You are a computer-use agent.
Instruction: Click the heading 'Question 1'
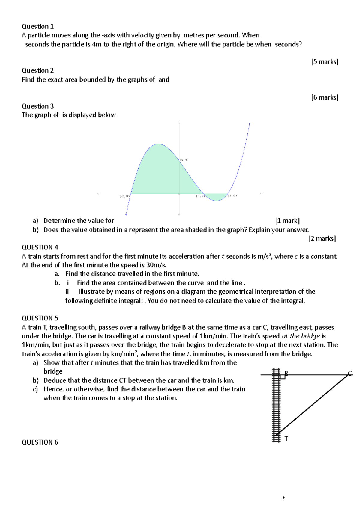[x=37, y=26]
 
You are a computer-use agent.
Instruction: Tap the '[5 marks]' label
[x=325, y=62]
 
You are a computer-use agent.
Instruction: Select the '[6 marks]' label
[x=325, y=97]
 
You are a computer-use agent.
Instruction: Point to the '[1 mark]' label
[x=287, y=221]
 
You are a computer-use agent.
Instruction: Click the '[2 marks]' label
[x=322, y=239]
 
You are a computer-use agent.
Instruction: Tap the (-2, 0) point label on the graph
[x=124, y=196]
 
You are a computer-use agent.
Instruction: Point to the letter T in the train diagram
[x=286, y=439]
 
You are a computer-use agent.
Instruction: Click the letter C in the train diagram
[x=350, y=374]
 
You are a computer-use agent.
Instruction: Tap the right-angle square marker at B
[x=282, y=377]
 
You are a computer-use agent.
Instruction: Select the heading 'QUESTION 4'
[x=40, y=247]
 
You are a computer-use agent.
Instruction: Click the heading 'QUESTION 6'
[x=40, y=442]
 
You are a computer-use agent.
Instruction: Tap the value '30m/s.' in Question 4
[x=157, y=265]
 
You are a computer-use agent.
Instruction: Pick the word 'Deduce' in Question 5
[x=55, y=380]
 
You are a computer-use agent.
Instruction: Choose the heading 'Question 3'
[x=37, y=106]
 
